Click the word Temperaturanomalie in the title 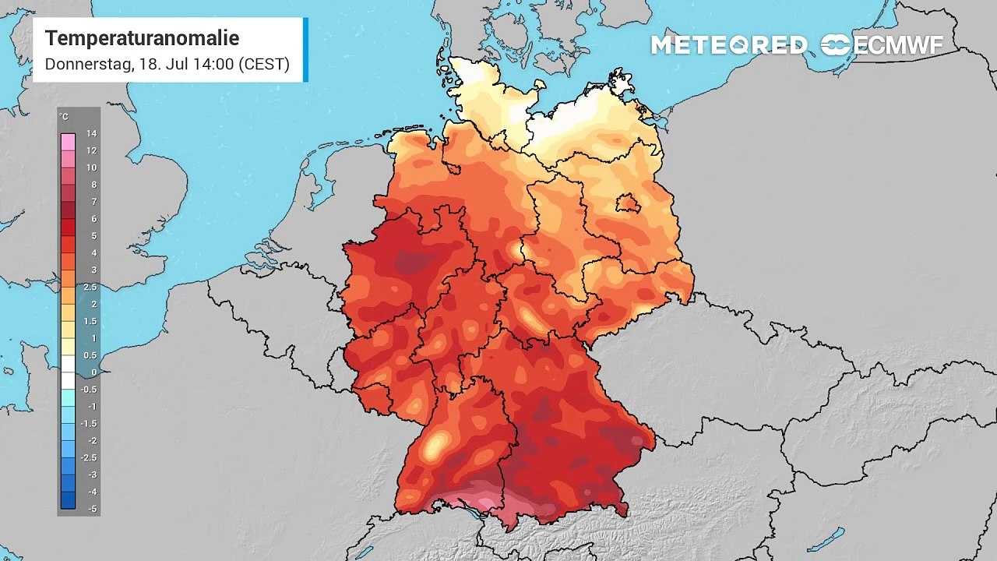click(142, 38)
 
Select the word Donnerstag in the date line click(88, 64)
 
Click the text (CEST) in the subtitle click(264, 64)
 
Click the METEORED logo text click(729, 45)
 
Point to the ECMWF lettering click(898, 45)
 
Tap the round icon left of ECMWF click(836, 45)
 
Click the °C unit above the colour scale click(64, 118)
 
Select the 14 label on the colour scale click(91, 134)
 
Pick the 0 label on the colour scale click(93, 372)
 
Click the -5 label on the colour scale click(92, 509)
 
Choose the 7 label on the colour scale click(93, 202)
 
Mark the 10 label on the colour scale click(91, 168)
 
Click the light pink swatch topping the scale click(69, 142)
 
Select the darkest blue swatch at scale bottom click(69, 500)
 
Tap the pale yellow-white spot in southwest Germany click(435, 446)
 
